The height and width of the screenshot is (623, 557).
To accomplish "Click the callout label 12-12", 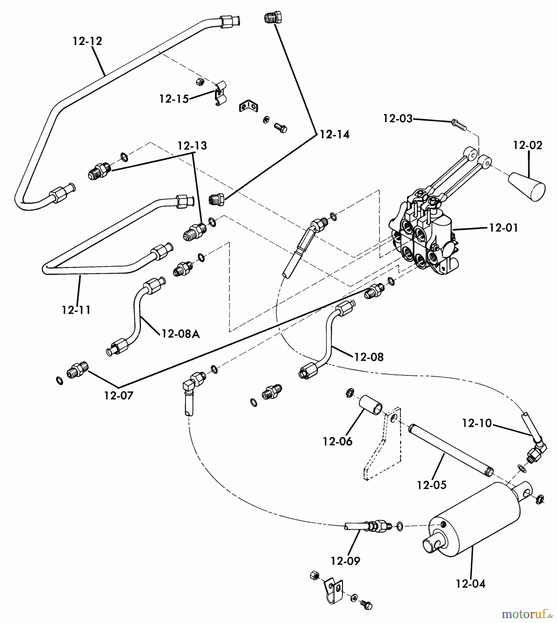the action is coord(88,41).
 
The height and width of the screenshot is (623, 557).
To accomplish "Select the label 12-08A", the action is coord(180,334).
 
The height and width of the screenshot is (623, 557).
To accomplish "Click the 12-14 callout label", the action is coord(334,134).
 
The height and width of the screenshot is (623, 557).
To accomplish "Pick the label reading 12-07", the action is coord(119,395).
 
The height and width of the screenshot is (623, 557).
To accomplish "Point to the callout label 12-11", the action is coord(77,310).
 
